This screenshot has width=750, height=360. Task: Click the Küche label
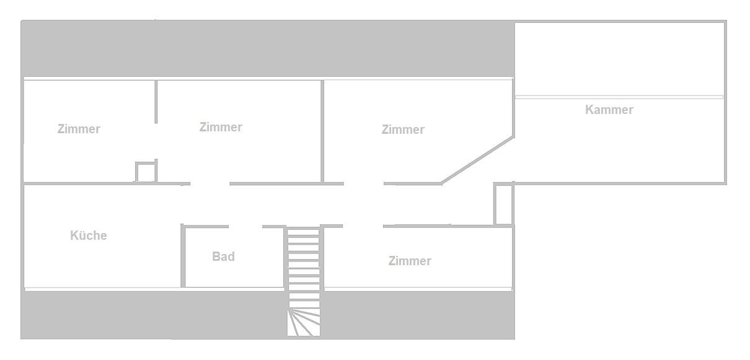[89, 235]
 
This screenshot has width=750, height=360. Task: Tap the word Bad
[223, 256]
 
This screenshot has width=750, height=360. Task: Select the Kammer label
[609, 110]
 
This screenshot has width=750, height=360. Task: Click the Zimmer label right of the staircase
[410, 261]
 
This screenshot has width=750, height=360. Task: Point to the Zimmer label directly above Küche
[79, 130]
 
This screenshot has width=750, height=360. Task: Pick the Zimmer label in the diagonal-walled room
[403, 130]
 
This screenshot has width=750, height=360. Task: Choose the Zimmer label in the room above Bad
[221, 127]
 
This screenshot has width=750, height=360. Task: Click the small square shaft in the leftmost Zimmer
[145, 172]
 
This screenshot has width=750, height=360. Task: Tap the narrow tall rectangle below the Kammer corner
[503, 204]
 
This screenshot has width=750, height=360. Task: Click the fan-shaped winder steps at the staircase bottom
[304, 323]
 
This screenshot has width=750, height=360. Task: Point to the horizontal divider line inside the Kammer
[619, 97]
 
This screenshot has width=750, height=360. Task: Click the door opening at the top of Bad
[245, 227]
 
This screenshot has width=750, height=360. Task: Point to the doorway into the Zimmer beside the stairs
[363, 226]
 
